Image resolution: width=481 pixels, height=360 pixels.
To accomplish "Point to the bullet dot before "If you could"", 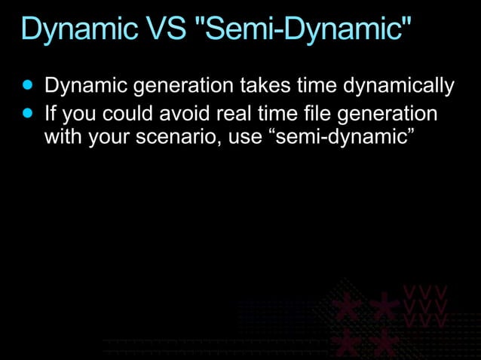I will [29, 114].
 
